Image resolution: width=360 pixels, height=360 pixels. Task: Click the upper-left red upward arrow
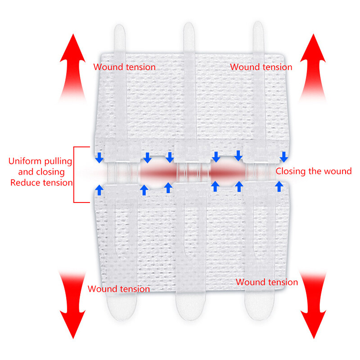[73, 68]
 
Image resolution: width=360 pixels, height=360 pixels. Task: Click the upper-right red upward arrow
[313, 68]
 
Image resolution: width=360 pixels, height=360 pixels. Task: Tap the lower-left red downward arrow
[73, 305]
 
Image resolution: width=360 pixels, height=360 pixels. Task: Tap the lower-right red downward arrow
[313, 305]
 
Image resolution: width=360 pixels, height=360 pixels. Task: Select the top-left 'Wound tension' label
[125, 67]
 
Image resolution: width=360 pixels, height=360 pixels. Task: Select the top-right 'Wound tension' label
[261, 67]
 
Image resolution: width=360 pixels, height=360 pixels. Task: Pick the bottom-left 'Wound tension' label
[119, 289]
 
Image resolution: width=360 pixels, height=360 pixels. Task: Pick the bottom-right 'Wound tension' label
[267, 282]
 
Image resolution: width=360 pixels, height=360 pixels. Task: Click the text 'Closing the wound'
[314, 171]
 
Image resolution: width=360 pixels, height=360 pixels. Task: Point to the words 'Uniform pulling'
[40, 162]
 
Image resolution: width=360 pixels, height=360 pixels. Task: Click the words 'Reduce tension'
[41, 183]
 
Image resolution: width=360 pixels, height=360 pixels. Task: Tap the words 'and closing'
[41, 172]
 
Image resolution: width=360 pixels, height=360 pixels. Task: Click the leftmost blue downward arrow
[99, 157]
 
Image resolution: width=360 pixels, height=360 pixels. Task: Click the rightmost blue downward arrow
[284, 157]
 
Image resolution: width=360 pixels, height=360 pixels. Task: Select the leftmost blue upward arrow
[99, 190]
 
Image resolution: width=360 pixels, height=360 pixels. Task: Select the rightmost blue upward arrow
[279, 186]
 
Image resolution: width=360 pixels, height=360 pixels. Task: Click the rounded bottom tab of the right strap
[260, 307]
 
